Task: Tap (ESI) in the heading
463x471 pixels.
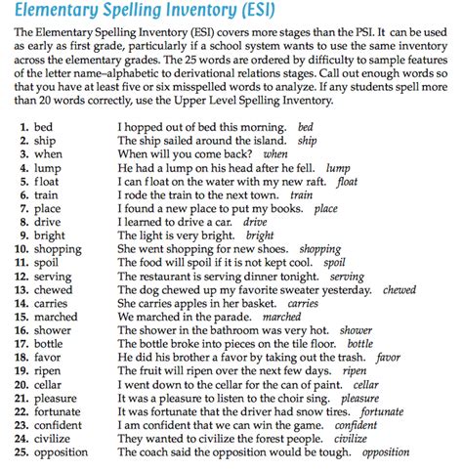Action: click(x=302, y=13)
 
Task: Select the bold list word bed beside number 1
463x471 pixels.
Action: click(x=46, y=128)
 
